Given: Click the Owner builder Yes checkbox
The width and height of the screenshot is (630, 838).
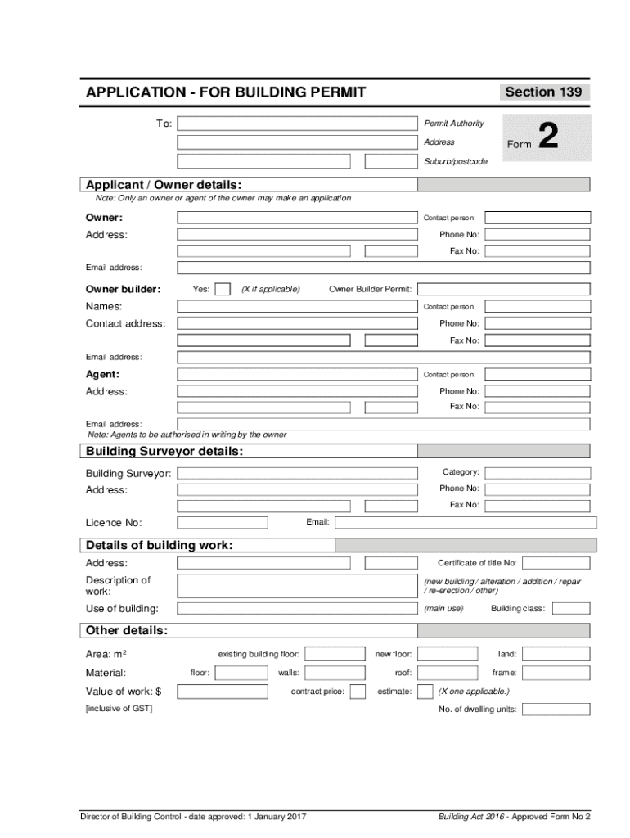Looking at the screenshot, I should click(222, 289).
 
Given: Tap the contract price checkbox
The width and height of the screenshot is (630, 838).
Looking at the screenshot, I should click(358, 692).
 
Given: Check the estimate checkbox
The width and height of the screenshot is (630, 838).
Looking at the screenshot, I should click(425, 692).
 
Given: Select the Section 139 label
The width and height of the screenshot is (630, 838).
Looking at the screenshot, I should click(543, 92).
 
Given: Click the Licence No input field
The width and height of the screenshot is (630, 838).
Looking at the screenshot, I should click(223, 523).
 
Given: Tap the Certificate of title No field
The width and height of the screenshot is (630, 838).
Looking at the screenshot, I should click(556, 563).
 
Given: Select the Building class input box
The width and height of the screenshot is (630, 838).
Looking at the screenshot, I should click(571, 608).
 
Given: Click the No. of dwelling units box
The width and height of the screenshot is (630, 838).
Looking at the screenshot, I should click(556, 709).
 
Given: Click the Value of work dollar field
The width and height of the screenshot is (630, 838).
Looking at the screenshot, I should click(223, 692).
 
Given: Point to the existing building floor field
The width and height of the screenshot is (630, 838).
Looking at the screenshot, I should click(334, 654).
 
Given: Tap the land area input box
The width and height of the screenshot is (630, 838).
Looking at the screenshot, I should click(556, 654).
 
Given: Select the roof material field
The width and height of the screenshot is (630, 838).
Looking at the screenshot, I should click(447, 673).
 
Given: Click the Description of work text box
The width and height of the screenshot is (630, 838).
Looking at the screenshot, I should click(297, 585).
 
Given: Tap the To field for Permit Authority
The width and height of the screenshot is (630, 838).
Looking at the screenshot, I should click(297, 124).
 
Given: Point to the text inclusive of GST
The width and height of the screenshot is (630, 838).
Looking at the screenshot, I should click(119, 709).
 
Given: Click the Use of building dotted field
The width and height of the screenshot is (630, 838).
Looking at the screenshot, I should click(297, 609).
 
